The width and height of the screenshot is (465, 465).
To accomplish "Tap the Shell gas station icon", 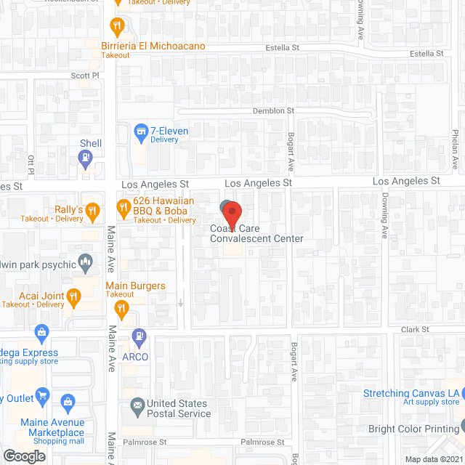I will click(x=86, y=158).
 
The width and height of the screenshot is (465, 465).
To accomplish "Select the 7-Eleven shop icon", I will click(x=142, y=132).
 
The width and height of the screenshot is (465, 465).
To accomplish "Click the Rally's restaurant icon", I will click(x=92, y=211).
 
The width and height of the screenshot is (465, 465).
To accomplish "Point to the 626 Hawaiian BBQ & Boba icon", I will click(x=123, y=211).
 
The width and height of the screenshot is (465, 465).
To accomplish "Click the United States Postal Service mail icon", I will click(x=137, y=405).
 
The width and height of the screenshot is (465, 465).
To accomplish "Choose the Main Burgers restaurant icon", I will click(x=122, y=308).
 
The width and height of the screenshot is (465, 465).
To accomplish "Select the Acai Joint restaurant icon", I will click(x=73, y=295).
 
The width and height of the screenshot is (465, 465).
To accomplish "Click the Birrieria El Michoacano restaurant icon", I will click(x=116, y=28).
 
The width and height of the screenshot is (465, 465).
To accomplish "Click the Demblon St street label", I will click(x=272, y=110).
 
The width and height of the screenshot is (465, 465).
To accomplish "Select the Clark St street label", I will click(x=415, y=329).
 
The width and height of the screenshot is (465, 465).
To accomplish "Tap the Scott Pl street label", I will click(x=84, y=75).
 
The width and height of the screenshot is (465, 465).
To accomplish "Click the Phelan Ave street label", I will click(x=456, y=145).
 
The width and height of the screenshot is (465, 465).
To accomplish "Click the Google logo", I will click(x=24, y=456).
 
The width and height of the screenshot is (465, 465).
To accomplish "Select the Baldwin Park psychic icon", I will click(x=86, y=259).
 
